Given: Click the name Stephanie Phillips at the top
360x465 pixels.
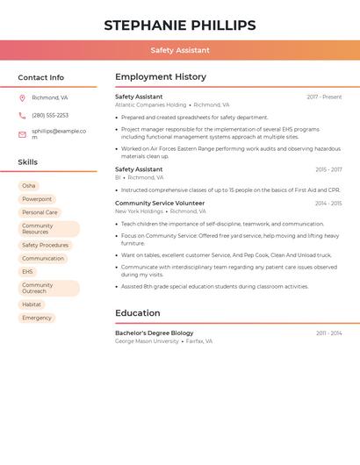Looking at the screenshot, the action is click(x=180, y=25).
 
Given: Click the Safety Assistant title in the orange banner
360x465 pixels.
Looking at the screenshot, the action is click(x=180, y=50).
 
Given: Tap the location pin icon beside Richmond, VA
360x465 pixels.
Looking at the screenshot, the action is click(x=22, y=97).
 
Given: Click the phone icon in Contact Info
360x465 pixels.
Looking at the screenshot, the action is click(x=22, y=115).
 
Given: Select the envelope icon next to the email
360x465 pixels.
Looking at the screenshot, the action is click(x=22, y=134).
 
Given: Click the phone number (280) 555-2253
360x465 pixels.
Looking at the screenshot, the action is click(x=50, y=115).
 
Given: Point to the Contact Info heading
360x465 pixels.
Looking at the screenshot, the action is click(x=41, y=77).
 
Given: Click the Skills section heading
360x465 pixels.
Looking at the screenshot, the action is click(x=28, y=162).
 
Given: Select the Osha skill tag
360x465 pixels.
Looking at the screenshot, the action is click(x=29, y=186).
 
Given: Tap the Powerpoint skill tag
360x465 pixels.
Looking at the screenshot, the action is click(x=37, y=199).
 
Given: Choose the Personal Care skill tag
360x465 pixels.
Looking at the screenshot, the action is click(x=40, y=212).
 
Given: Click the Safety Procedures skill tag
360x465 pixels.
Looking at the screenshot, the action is click(x=45, y=246).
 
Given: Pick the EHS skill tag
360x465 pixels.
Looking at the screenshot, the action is click(x=27, y=272).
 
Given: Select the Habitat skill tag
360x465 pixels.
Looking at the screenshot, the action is click(x=32, y=304).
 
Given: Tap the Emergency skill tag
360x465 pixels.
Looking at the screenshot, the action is click(x=37, y=318).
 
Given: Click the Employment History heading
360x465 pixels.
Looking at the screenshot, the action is click(x=161, y=77).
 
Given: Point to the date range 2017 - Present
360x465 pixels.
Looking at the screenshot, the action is click(x=324, y=97).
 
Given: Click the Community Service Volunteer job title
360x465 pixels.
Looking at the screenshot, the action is click(x=160, y=203).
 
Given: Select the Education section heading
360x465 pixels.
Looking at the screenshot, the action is click(x=138, y=313).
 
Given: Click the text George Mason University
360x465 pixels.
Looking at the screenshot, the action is click(x=147, y=341).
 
